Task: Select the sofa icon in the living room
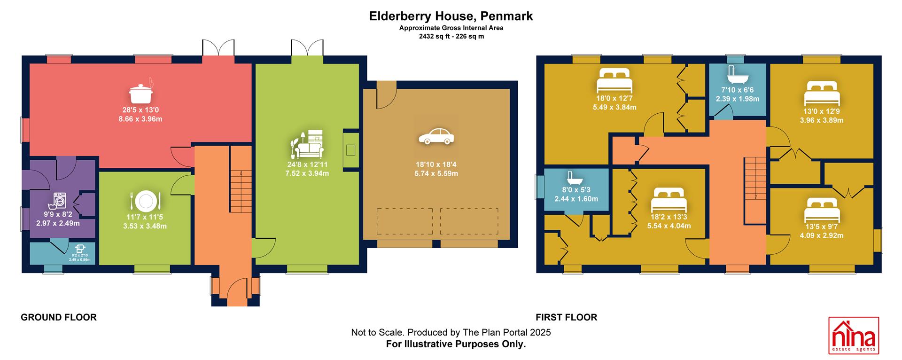[x=308, y=143]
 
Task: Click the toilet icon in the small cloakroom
[x=80, y=249]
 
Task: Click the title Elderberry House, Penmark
[x=451, y=16]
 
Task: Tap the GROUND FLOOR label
[x=59, y=317]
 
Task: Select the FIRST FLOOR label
[x=567, y=317]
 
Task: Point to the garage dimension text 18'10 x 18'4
[x=436, y=164]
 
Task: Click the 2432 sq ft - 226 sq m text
[x=451, y=36]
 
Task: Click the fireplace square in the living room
[x=350, y=150]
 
